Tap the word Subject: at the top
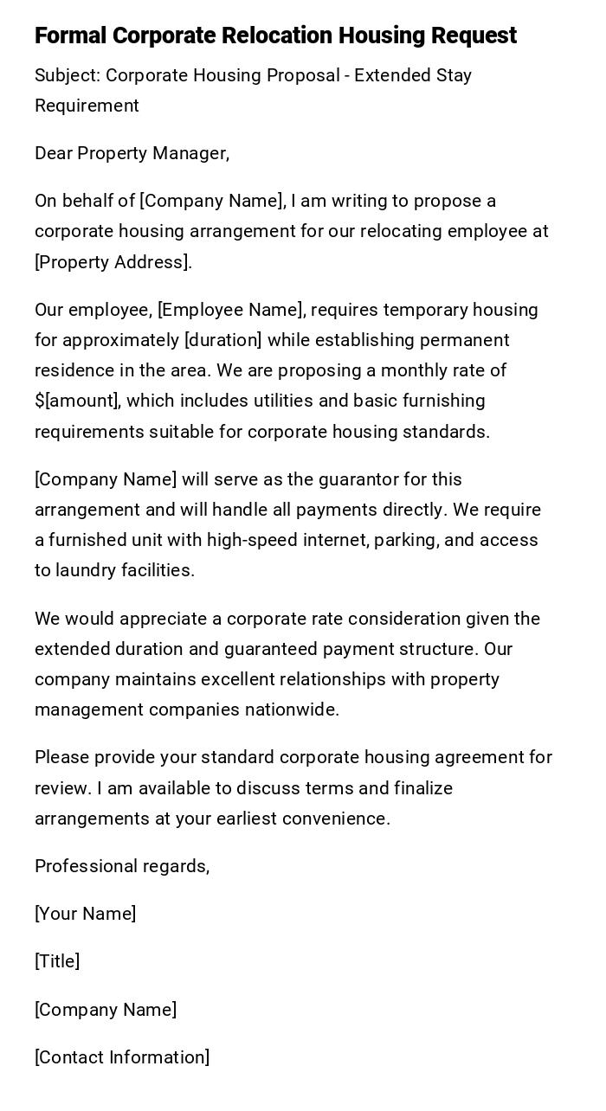[68, 75]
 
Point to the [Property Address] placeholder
[113, 262]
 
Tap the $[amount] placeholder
[76, 401]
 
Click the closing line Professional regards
[122, 866]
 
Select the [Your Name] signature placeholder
[85, 914]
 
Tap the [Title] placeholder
[57, 961]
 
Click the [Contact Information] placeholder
[122, 1057]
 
